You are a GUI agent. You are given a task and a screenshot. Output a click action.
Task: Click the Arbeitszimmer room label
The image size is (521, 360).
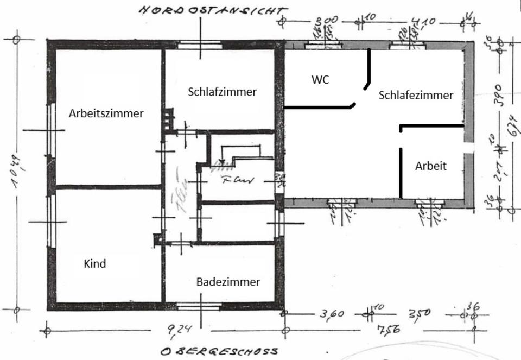tap(106, 113)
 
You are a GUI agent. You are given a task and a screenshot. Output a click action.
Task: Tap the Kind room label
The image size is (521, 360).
tap(94, 264)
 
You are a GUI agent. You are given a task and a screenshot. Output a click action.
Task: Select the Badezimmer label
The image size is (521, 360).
tap(228, 282)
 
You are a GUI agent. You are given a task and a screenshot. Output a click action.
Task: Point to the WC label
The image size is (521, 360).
tap(320, 79)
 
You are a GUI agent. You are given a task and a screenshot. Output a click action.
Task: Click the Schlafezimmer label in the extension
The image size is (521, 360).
tap(416, 95)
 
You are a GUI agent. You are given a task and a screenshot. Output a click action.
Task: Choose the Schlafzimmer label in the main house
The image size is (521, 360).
tap(222, 92)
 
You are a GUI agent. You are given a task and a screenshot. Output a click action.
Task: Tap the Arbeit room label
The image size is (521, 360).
tap(431, 166)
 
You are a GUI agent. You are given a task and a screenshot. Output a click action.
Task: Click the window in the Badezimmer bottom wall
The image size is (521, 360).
tap(199, 306)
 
